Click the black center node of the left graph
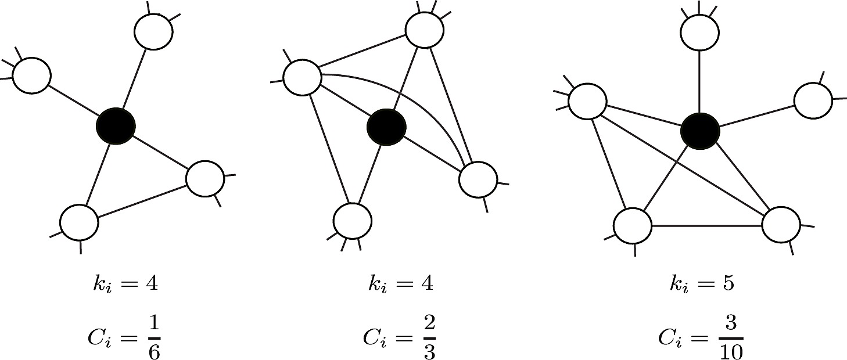pyautogui.click(x=116, y=125)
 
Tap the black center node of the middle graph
pyautogui.click(x=386, y=126)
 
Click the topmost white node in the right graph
pyautogui.click(x=699, y=33)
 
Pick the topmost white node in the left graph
pyautogui.click(x=153, y=31)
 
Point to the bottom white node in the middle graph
pyautogui.click(x=352, y=221)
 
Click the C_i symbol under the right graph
pyautogui.click(x=670, y=337)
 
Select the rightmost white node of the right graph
pyautogui.click(x=812, y=101)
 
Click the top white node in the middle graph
pyautogui.click(x=425, y=30)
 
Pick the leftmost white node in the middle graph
pyautogui.click(x=302, y=77)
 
